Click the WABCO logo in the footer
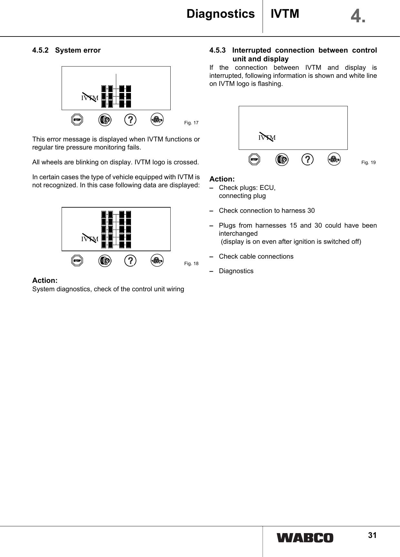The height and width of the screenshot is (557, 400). [x=305, y=538]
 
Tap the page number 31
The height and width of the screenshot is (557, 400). [x=372, y=535]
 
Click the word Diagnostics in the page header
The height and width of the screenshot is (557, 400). [x=221, y=14]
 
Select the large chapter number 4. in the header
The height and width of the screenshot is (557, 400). [x=358, y=16]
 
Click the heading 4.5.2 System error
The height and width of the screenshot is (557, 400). [x=66, y=50]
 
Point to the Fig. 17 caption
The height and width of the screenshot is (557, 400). [x=191, y=123]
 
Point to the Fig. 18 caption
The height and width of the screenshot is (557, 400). [x=191, y=264]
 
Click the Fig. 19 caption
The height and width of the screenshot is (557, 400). [x=368, y=162]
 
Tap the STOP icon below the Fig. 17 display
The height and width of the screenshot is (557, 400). [x=77, y=120]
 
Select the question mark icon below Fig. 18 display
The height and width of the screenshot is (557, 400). [x=130, y=261]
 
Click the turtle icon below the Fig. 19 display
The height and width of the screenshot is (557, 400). [x=334, y=159]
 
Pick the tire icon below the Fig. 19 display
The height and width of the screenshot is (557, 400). [x=282, y=160]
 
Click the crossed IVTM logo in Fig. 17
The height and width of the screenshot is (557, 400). [x=90, y=98]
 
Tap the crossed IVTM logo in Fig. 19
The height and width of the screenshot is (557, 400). [x=267, y=137]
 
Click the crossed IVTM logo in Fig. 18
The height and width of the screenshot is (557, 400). [x=90, y=239]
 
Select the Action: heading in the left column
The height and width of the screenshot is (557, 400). [x=45, y=280]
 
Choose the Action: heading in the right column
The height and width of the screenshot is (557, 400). [x=222, y=179]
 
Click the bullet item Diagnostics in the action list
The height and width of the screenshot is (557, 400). [x=236, y=271]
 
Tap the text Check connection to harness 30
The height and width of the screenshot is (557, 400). [x=267, y=211]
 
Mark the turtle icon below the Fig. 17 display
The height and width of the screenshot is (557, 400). [x=157, y=120]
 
